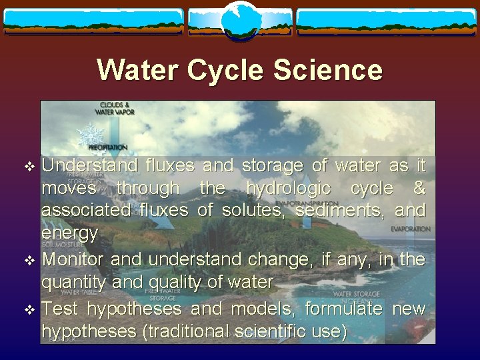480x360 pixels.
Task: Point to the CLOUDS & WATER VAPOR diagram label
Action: [x=117, y=108]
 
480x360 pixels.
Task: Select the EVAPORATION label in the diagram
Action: [x=411, y=229]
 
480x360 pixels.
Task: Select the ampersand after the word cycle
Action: [x=419, y=189]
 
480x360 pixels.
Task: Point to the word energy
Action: [x=70, y=234]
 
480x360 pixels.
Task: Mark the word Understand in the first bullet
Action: [x=90, y=165]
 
